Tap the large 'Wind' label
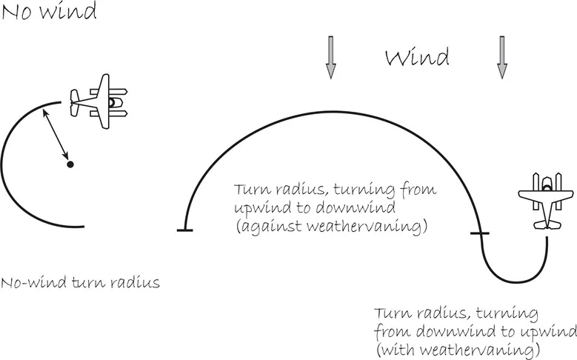click(416, 59)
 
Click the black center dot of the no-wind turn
click(70, 164)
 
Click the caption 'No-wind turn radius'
click(80, 283)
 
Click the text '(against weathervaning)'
click(330, 227)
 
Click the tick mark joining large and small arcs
click(480, 234)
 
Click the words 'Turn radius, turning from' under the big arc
click(335, 190)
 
